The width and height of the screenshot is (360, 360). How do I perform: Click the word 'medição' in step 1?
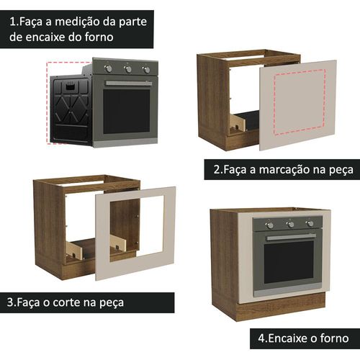tap(78, 22)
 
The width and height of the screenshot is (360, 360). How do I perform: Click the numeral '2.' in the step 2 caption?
tap(218, 169)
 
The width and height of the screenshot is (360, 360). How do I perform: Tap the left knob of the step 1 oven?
tap(109, 68)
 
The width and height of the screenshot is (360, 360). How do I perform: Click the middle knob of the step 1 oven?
tap(128, 69)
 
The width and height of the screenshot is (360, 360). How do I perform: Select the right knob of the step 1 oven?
tap(146, 70)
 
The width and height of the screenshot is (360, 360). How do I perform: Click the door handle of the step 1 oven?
tap(129, 84)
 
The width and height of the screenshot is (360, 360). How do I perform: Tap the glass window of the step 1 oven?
tap(127, 112)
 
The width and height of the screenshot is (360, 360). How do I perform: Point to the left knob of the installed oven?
tap(270, 225)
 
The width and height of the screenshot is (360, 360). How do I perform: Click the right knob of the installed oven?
tap(310, 224)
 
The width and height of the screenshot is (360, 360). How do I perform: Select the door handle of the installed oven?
tap(292, 237)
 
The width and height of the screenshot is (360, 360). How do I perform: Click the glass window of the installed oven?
tap(289, 262)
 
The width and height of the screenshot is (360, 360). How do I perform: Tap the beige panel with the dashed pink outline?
tap(298, 105)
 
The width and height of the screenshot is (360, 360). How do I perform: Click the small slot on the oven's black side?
tap(70, 87)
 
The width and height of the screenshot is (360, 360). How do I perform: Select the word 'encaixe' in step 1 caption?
tap(45, 37)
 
